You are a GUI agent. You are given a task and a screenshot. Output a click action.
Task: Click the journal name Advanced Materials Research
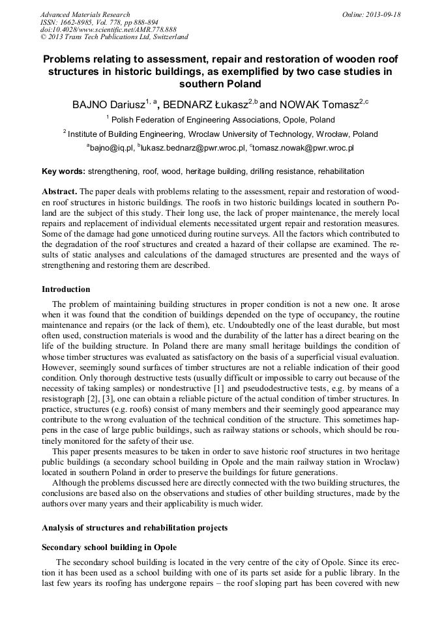[x=85, y=14]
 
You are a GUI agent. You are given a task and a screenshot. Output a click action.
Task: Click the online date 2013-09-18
[x=382, y=14]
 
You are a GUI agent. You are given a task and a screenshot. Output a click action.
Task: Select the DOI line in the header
[x=108, y=30]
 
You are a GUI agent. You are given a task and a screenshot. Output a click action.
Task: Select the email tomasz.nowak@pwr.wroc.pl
[x=303, y=149]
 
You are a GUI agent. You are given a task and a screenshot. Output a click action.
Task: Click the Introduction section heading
[x=66, y=289]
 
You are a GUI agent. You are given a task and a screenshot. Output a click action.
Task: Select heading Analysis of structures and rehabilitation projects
[x=134, y=527]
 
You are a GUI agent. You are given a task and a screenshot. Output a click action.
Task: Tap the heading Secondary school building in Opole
[x=109, y=547]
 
